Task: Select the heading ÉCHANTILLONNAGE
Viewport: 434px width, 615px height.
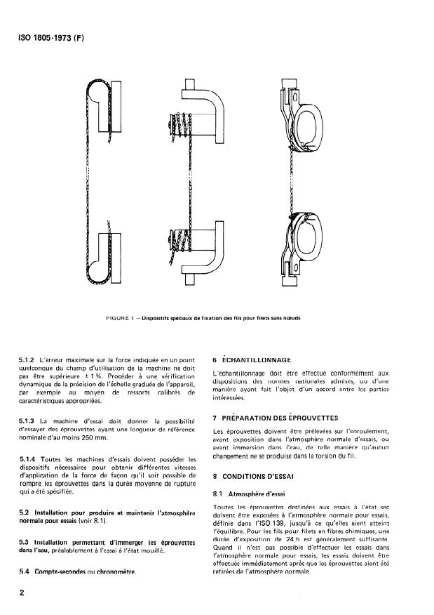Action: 260,361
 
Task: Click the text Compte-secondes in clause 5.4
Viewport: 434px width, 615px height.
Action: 60,571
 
